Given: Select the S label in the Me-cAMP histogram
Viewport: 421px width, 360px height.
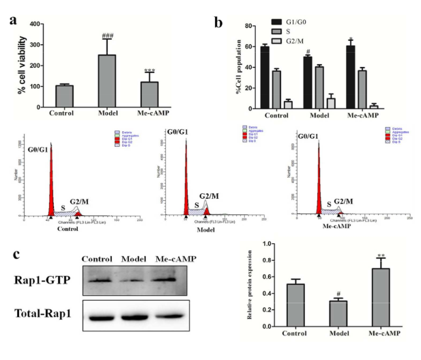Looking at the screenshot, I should pos(328,204).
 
